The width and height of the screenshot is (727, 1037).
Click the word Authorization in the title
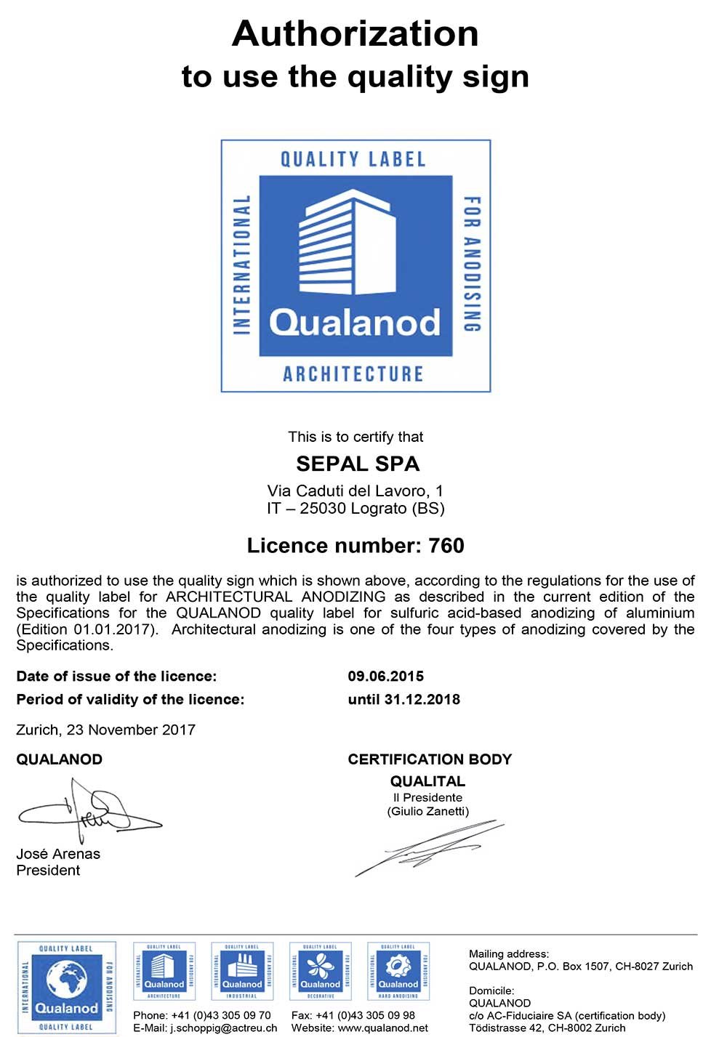(355, 33)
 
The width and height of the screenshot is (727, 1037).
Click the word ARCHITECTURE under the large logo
(353, 374)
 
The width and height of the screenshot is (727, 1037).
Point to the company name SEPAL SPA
(358, 464)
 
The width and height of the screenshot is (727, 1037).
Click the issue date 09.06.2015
(385, 677)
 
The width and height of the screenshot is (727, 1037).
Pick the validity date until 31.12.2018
(403, 700)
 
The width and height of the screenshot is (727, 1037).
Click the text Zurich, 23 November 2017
(105, 730)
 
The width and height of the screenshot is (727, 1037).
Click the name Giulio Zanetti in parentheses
(427, 811)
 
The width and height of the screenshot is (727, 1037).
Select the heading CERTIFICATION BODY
(430, 759)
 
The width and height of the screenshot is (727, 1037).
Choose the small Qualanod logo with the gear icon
(398, 971)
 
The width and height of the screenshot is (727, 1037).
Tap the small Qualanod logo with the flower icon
(320, 971)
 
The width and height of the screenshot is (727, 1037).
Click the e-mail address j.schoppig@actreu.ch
(224, 1028)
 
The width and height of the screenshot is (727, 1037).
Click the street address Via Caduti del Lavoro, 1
(355, 491)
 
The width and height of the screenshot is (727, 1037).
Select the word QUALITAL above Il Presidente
(427, 781)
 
